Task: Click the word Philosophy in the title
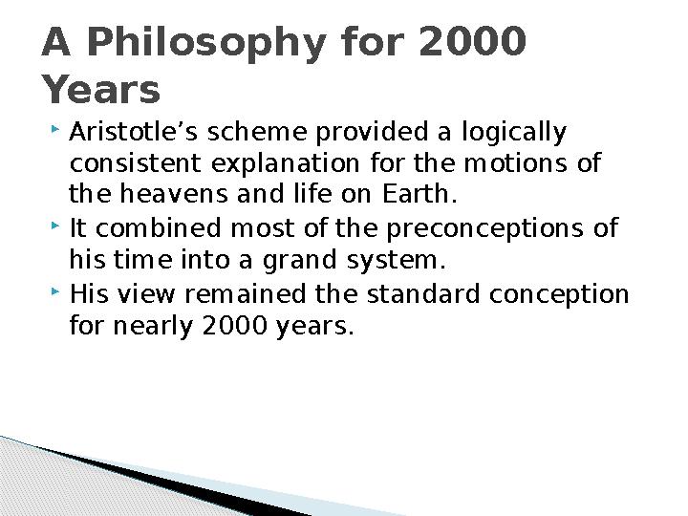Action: coord(206,44)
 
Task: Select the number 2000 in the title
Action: coord(473,41)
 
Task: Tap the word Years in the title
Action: coord(101,89)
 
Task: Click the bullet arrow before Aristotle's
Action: coord(55,129)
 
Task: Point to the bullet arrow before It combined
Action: coord(55,226)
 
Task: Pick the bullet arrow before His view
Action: coord(55,291)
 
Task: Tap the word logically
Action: coord(514,133)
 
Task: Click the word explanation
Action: coord(286,164)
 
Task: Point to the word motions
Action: coord(515,162)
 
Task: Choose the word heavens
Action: coord(174,193)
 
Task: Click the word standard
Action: coord(423,293)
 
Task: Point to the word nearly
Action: coord(153,327)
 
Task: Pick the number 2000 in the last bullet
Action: coord(235,325)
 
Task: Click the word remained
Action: coord(245,293)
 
